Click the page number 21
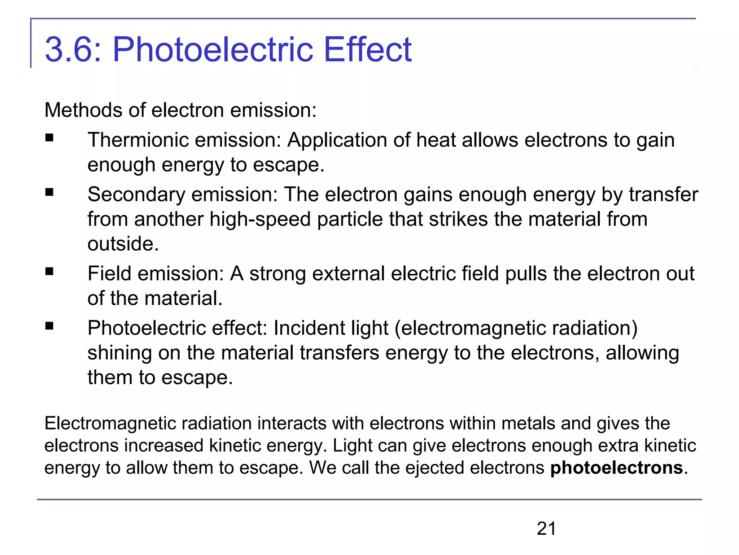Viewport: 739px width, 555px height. click(x=546, y=529)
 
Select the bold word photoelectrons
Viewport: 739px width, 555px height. click(x=616, y=468)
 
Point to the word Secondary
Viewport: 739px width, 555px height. click(x=136, y=194)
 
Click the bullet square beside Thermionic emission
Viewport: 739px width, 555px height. click(x=49, y=138)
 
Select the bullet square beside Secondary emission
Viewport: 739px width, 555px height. click(x=49, y=193)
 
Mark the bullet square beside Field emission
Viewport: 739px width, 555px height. click(x=49, y=272)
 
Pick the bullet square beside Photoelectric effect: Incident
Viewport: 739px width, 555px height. click(x=49, y=326)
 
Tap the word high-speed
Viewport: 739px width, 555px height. click(x=260, y=219)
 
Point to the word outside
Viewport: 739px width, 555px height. click(x=123, y=244)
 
